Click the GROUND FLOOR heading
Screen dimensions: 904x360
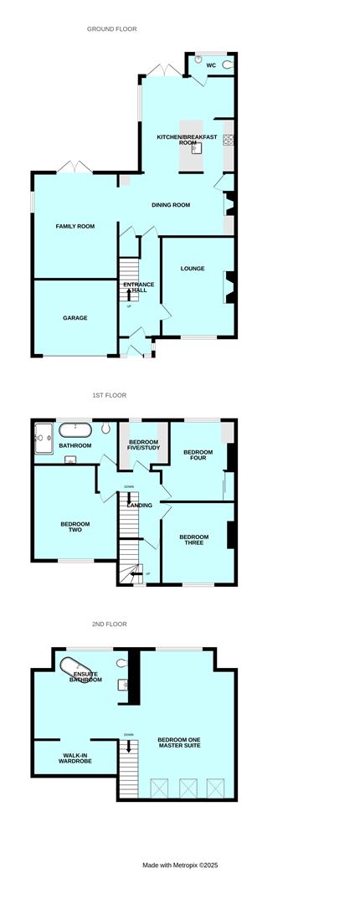pyautogui.click(x=111, y=29)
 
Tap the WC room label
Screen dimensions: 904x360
pyautogui.click(x=211, y=64)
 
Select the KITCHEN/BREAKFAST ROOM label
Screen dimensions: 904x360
pyautogui.click(x=187, y=140)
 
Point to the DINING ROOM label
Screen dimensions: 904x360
pyautogui.click(x=171, y=205)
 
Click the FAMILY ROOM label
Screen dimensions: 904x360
pyautogui.click(x=75, y=226)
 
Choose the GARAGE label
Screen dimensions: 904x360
pyautogui.click(x=75, y=318)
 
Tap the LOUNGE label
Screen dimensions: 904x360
pyautogui.click(x=193, y=269)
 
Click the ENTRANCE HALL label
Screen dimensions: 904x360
pyautogui.click(x=139, y=287)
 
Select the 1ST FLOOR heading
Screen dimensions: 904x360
pyautogui.click(x=109, y=395)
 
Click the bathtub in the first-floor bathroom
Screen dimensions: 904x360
pyautogui.click(x=76, y=430)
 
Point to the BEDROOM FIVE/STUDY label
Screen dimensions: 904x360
pyautogui.click(x=143, y=444)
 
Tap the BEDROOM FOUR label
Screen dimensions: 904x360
pyautogui.click(x=198, y=456)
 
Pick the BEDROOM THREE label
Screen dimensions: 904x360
pyautogui.click(x=194, y=541)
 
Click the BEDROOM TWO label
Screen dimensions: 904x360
pyautogui.click(x=75, y=527)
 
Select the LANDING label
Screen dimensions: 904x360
pyautogui.click(x=139, y=506)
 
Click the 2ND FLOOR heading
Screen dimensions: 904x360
pyautogui.click(x=109, y=624)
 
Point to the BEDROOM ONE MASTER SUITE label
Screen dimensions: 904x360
pyautogui.click(x=183, y=744)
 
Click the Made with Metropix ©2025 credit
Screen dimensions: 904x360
pyautogui.click(x=179, y=865)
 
